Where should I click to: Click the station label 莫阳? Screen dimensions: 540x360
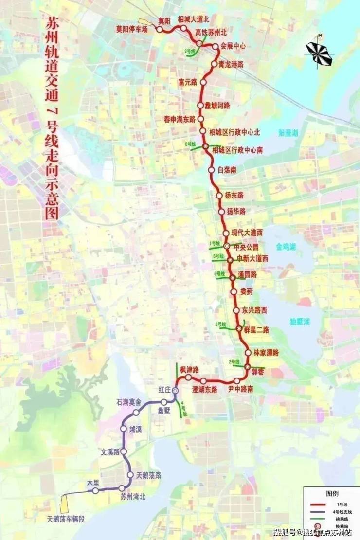pos(164,21)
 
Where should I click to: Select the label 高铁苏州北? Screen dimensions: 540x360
pos(211,32)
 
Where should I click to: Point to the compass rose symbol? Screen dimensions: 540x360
pos(319,53)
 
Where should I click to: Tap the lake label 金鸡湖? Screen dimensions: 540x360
pos(286,247)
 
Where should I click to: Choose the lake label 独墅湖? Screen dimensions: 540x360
pos(299,322)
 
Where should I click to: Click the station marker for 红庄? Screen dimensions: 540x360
pos(175,390)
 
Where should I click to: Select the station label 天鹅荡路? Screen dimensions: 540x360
pos(148,475)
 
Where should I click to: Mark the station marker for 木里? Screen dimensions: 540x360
pos(96,491)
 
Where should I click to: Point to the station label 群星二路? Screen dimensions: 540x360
pos(256,330)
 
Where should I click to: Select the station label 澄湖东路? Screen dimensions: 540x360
pos(205,389)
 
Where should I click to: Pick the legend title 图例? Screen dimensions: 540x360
pos(332,493)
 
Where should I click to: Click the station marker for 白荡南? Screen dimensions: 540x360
pos(211,170)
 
